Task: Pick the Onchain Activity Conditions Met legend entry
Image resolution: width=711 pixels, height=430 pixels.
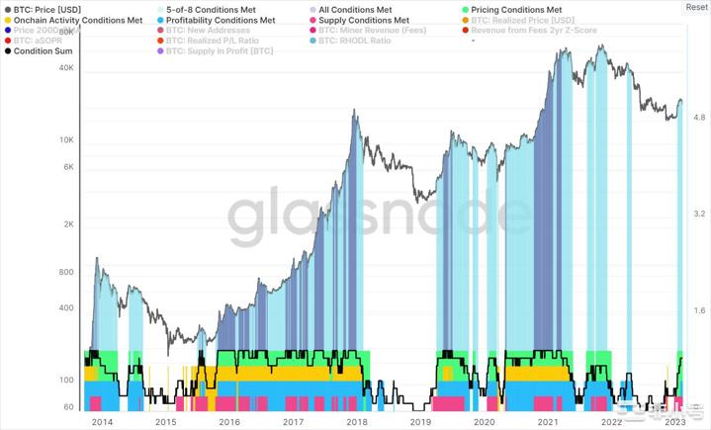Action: pos(79,20)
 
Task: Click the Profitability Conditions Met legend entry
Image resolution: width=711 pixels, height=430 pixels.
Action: pos(220,20)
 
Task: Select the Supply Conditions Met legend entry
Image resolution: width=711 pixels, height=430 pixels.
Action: pos(364,20)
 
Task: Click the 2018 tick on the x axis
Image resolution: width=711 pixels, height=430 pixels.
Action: pos(356,421)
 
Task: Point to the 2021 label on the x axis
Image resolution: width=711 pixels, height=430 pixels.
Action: pos(547,421)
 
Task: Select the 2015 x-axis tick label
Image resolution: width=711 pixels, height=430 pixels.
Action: pos(165,421)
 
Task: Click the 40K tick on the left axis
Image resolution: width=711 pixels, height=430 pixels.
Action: pos(67,69)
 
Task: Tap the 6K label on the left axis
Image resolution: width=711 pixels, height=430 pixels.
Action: pos(69,167)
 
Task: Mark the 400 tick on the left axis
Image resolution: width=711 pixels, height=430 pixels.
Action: pos(67,308)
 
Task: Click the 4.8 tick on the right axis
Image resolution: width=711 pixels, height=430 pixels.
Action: pos(699,118)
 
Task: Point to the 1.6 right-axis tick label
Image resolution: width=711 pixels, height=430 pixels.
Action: pos(699,311)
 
